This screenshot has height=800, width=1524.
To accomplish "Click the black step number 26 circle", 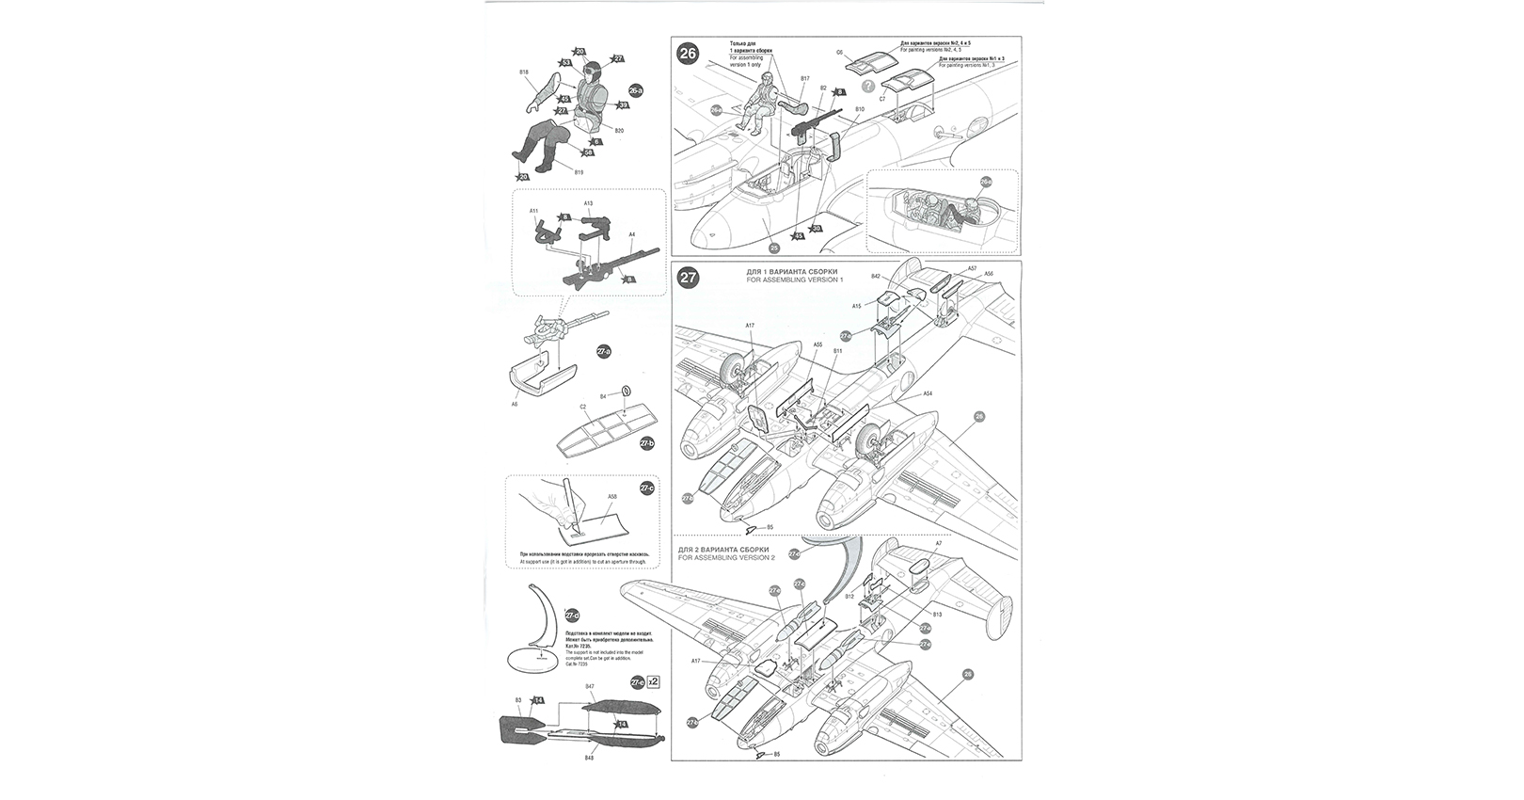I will click(x=689, y=54).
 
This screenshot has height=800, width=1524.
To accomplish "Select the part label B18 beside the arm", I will click(x=524, y=72).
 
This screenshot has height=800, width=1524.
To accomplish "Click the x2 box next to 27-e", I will click(x=654, y=681).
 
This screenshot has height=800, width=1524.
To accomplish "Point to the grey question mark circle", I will click(x=855, y=86).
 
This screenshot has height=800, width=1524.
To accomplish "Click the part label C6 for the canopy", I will click(x=838, y=53).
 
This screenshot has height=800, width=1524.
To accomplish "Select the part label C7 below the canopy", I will click(x=881, y=98).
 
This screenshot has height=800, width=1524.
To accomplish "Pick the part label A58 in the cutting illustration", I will click(x=611, y=496).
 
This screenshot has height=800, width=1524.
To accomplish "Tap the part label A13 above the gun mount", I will click(x=588, y=203).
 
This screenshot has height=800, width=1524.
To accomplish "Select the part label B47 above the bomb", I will click(x=589, y=688).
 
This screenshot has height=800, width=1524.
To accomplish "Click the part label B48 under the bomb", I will click(x=589, y=758).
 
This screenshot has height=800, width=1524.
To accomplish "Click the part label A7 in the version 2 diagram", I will click(x=938, y=544).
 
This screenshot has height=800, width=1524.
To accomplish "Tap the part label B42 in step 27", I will click(x=875, y=277).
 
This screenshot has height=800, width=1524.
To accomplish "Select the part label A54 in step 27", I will click(x=928, y=392).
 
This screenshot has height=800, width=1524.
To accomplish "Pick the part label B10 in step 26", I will click(x=859, y=109).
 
